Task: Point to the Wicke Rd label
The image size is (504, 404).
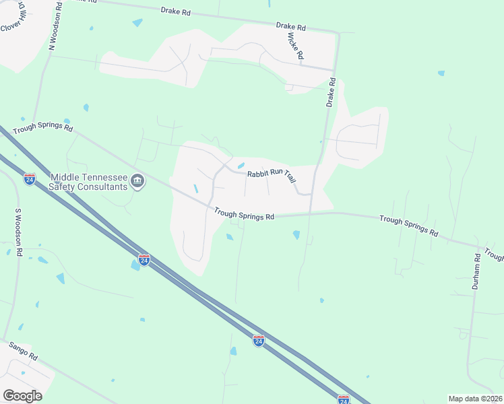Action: click(296, 45)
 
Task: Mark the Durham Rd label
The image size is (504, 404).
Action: click(476, 270)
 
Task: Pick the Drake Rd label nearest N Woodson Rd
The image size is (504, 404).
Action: click(176, 11)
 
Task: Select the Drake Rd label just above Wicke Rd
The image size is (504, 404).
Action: click(290, 26)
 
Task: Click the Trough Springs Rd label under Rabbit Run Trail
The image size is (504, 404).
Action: click(245, 214)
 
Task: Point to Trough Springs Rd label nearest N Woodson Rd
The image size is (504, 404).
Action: click(42, 126)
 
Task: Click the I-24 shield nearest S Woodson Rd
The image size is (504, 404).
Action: click(29, 179)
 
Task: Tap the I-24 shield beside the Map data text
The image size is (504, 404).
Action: click(343, 399)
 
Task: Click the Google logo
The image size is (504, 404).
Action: click(22, 396)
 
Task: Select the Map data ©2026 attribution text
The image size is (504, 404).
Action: click(474, 399)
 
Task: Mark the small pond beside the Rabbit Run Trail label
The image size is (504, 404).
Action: click(241, 166)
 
